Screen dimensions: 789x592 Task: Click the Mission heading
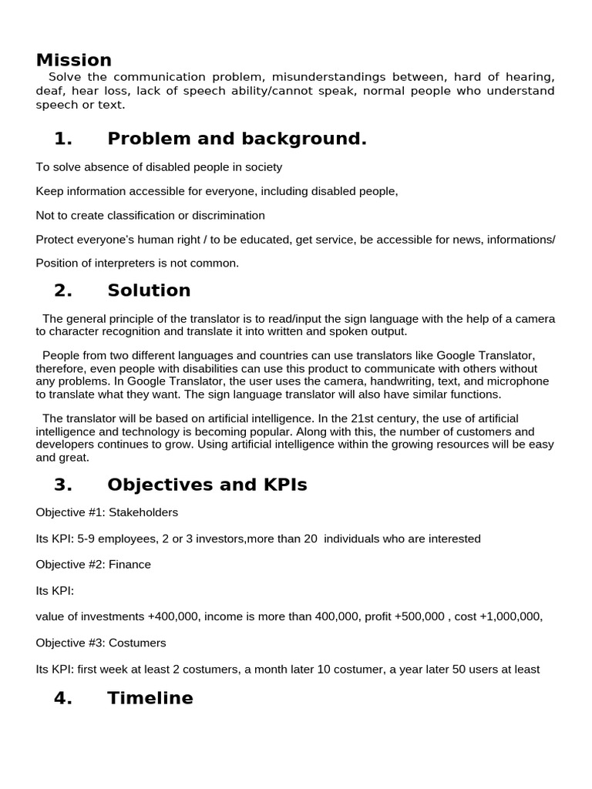tap(74, 60)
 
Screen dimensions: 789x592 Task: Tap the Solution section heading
tap(149, 290)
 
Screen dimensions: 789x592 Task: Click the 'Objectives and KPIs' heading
tap(207, 485)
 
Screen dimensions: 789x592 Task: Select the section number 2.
tap(63, 290)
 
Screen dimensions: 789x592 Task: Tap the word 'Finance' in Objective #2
tap(129, 565)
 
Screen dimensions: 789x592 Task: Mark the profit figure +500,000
tap(424, 616)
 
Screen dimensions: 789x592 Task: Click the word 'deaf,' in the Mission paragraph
tap(50, 91)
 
